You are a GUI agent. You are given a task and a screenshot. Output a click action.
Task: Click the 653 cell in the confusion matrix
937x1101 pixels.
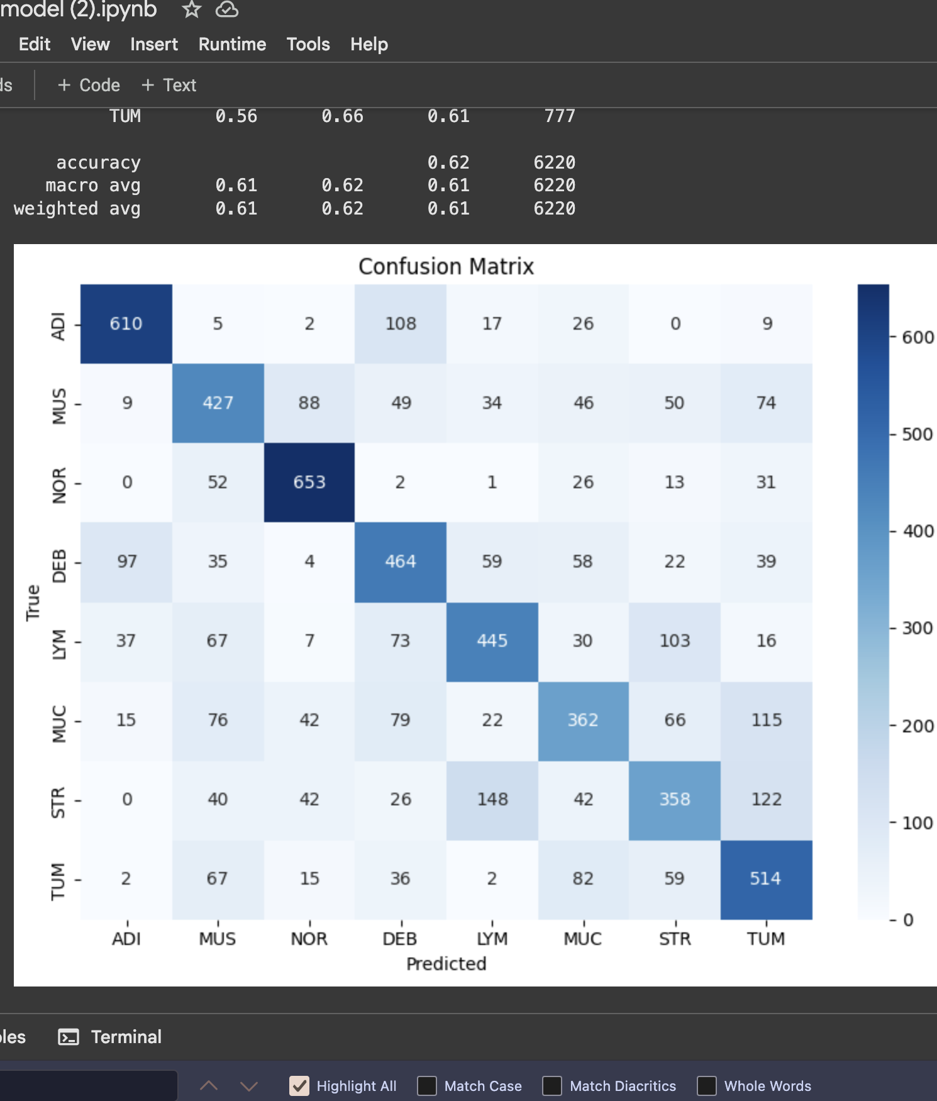309,483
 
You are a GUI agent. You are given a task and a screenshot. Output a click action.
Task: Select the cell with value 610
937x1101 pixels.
126,324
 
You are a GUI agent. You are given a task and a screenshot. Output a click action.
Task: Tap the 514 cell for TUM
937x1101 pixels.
765,879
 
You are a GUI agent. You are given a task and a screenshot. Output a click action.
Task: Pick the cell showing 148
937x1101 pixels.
492,800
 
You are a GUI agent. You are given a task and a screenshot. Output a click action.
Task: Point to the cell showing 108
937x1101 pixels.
401,324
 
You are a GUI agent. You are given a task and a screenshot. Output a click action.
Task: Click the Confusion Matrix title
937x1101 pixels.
446,267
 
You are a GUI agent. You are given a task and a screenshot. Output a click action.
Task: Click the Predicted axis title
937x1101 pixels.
446,964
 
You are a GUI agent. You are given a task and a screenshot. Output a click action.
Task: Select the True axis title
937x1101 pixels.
33,603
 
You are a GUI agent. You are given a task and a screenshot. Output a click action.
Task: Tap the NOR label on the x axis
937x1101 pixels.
309,939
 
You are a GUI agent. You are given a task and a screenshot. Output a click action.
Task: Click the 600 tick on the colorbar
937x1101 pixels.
918,338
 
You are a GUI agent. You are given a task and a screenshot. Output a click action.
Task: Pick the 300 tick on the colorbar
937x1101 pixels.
918,629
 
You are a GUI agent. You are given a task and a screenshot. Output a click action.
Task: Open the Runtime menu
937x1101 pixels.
232,45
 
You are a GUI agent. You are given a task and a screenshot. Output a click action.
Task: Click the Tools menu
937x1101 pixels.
308,45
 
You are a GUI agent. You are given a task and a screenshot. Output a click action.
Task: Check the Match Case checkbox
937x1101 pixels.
427,1086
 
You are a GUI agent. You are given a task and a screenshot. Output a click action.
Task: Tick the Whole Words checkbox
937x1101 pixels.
707,1086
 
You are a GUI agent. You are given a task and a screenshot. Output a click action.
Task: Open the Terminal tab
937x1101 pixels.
126,1037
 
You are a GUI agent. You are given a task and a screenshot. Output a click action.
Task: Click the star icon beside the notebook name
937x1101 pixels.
191,9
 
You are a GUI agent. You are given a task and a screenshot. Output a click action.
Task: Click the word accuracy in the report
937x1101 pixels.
98,163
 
